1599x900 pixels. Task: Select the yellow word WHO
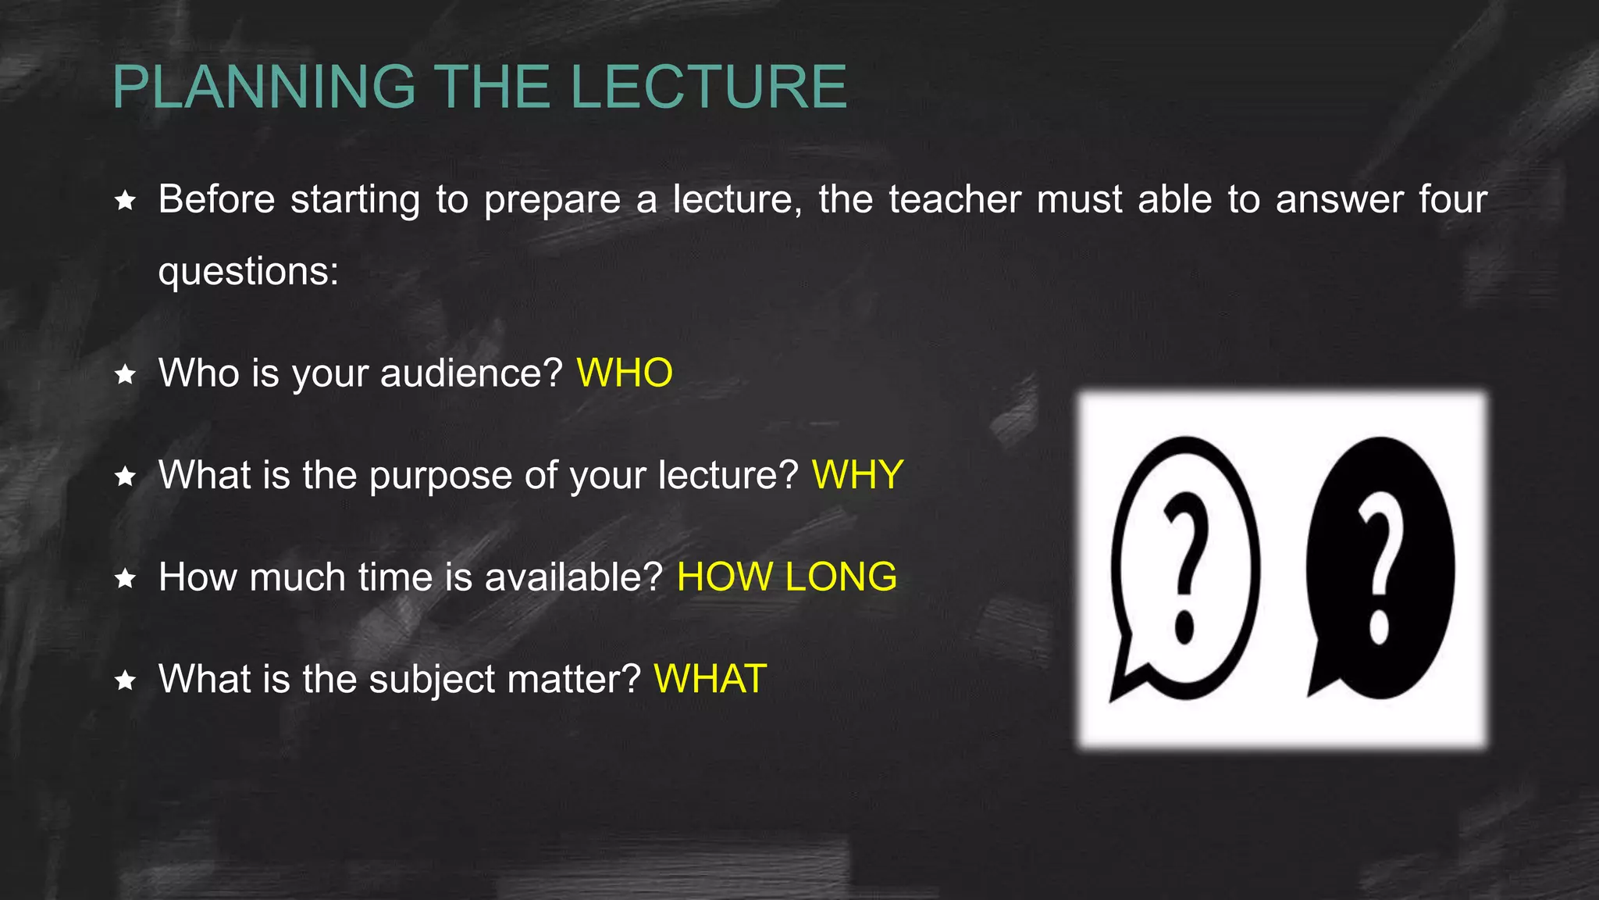click(x=625, y=373)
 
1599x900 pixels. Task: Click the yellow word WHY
click(x=857, y=475)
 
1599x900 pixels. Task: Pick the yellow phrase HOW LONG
click(x=786, y=577)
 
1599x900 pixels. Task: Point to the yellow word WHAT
click(x=710, y=679)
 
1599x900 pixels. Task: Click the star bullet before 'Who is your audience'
click(x=125, y=374)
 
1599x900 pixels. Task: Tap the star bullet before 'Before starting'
click(x=125, y=201)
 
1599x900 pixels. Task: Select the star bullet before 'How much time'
click(x=125, y=579)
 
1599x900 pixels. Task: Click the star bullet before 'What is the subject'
click(x=125, y=680)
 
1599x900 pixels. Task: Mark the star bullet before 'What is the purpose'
click(x=125, y=477)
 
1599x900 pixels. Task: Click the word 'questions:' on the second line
click(x=248, y=272)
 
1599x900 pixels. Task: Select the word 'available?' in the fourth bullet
click(x=573, y=577)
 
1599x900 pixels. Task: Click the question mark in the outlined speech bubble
click(x=1185, y=566)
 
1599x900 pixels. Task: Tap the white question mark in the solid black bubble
click(x=1380, y=566)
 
